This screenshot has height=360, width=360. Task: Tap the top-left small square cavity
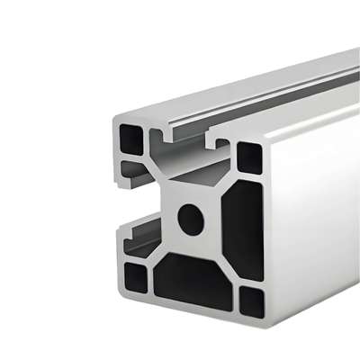(x=131, y=139)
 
